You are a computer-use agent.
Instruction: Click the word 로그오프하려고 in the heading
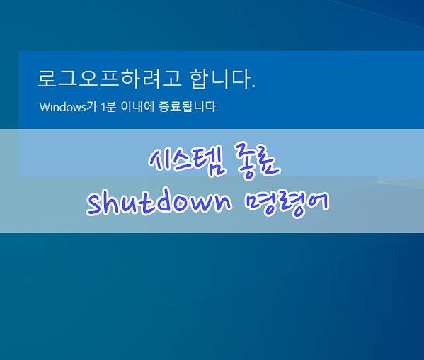109,79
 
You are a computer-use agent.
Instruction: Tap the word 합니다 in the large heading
219,79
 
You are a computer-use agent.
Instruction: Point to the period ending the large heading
253,86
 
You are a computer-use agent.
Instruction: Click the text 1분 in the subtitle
108,107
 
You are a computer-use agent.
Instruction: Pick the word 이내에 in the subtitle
137,107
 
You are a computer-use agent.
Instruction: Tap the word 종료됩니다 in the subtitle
187,107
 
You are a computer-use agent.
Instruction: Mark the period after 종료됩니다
217,111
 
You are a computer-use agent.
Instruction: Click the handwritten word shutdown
159,203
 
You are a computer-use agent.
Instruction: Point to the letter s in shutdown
96,206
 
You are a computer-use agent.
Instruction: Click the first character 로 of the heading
47,79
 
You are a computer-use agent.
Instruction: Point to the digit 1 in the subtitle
103,107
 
